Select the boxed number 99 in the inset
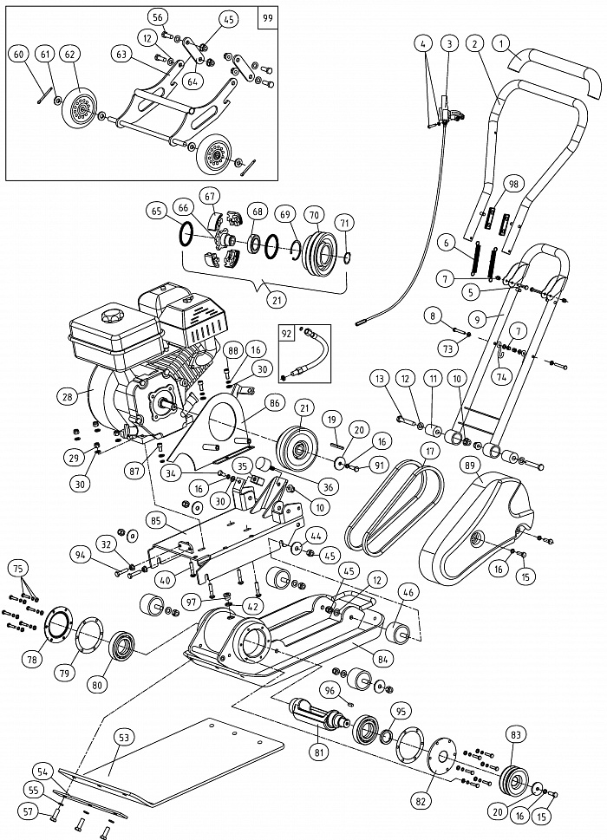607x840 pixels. tap(268, 16)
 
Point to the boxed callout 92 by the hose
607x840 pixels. tap(286, 331)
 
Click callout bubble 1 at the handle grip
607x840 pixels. tap(500, 42)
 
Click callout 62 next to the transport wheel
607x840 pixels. tap(70, 54)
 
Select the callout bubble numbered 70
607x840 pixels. tap(314, 214)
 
